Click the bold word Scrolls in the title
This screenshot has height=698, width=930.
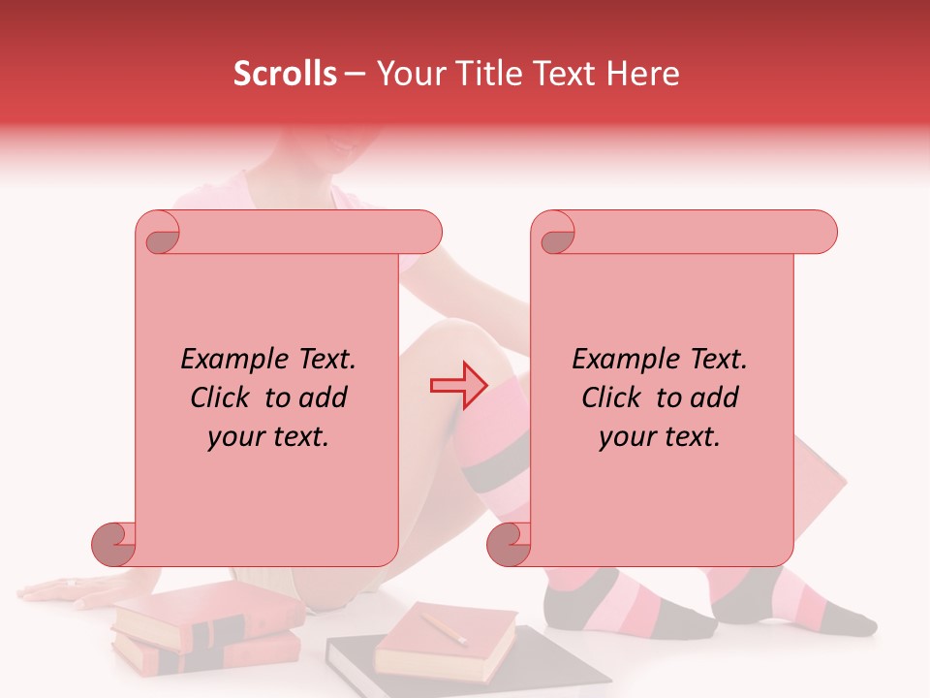(285, 74)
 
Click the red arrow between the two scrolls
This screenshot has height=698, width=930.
(459, 385)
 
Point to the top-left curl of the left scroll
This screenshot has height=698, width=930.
(160, 235)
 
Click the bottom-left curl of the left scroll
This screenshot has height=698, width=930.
(114, 544)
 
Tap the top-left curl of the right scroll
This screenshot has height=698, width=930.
(556, 235)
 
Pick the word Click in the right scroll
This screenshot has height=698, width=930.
(610, 397)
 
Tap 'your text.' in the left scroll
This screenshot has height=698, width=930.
(268, 437)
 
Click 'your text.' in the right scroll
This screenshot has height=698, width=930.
(660, 437)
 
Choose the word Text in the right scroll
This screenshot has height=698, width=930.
(717, 360)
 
